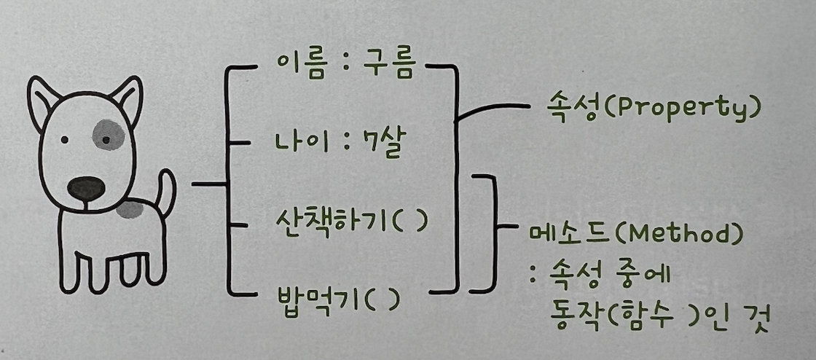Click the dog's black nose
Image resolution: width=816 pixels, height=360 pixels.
point(86,188)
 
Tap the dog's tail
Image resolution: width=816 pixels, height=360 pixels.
point(165,191)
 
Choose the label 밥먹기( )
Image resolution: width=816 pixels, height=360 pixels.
point(334,298)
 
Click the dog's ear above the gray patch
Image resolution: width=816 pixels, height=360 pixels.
point(125,98)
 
